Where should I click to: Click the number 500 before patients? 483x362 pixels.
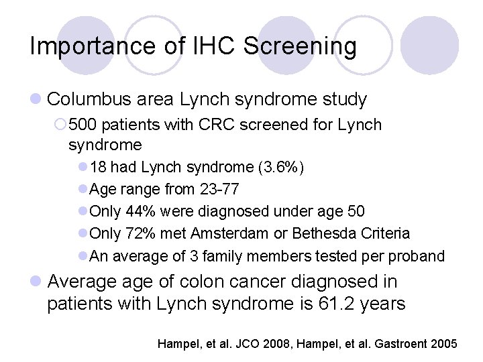[x=82, y=125]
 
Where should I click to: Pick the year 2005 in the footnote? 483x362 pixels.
[x=443, y=344]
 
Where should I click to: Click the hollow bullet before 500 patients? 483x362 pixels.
[x=61, y=125]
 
